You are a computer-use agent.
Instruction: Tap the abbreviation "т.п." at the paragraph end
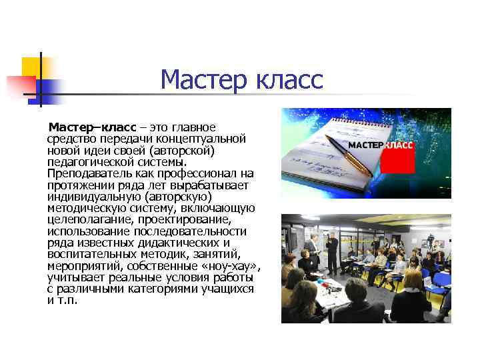68,300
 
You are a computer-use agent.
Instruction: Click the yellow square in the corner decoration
31,67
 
